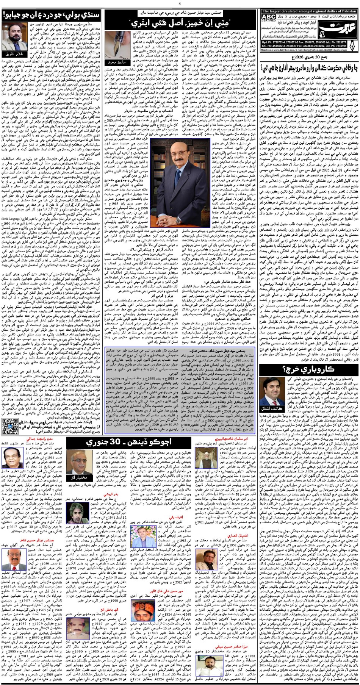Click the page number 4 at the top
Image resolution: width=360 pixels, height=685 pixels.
180,3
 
